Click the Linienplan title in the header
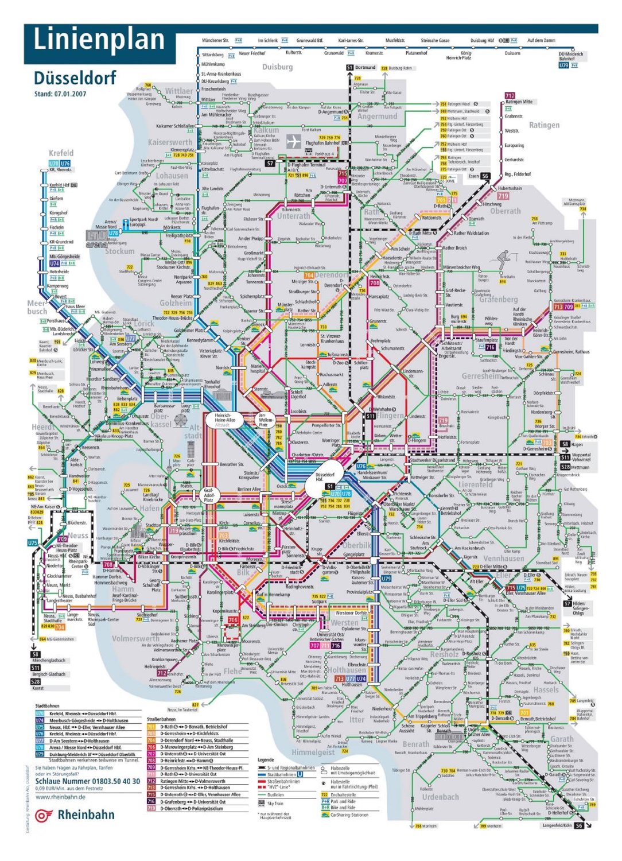click(x=99, y=40)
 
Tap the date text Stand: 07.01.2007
click(x=60, y=94)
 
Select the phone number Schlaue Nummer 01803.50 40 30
click(x=87, y=781)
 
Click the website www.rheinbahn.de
click(x=60, y=797)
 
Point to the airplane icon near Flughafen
click(x=294, y=141)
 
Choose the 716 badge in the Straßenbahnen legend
click(x=151, y=801)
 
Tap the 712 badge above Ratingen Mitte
click(x=510, y=95)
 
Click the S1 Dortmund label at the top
click(x=361, y=68)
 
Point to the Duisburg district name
click(x=277, y=67)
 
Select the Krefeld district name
click(x=61, y=153)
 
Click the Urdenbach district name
click(x=440, y=797)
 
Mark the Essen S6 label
click(x=480, y=176)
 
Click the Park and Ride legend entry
click(x=341, y=801)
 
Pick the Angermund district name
click(x=377, y=116)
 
